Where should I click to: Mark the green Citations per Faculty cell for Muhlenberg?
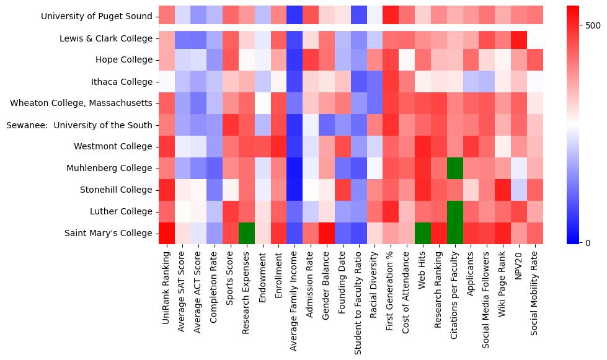454,169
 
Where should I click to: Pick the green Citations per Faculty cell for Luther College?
454,212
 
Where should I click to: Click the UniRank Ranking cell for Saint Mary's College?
167,234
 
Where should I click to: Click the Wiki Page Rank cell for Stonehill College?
503,190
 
